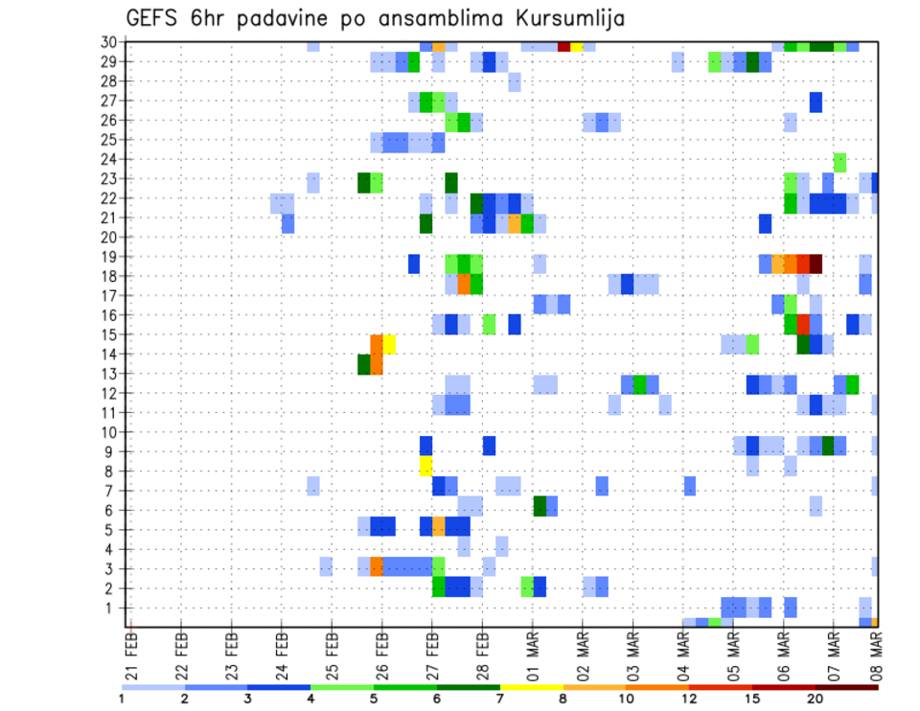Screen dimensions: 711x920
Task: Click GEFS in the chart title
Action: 156,18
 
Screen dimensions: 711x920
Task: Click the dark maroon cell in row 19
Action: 816,264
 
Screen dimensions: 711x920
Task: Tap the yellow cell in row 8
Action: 426,466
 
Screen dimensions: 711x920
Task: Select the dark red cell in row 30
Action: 564,46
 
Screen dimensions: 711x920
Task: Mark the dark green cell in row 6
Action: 540,505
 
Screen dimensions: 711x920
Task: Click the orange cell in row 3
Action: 377,565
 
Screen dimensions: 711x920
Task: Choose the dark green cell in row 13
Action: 364,364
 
